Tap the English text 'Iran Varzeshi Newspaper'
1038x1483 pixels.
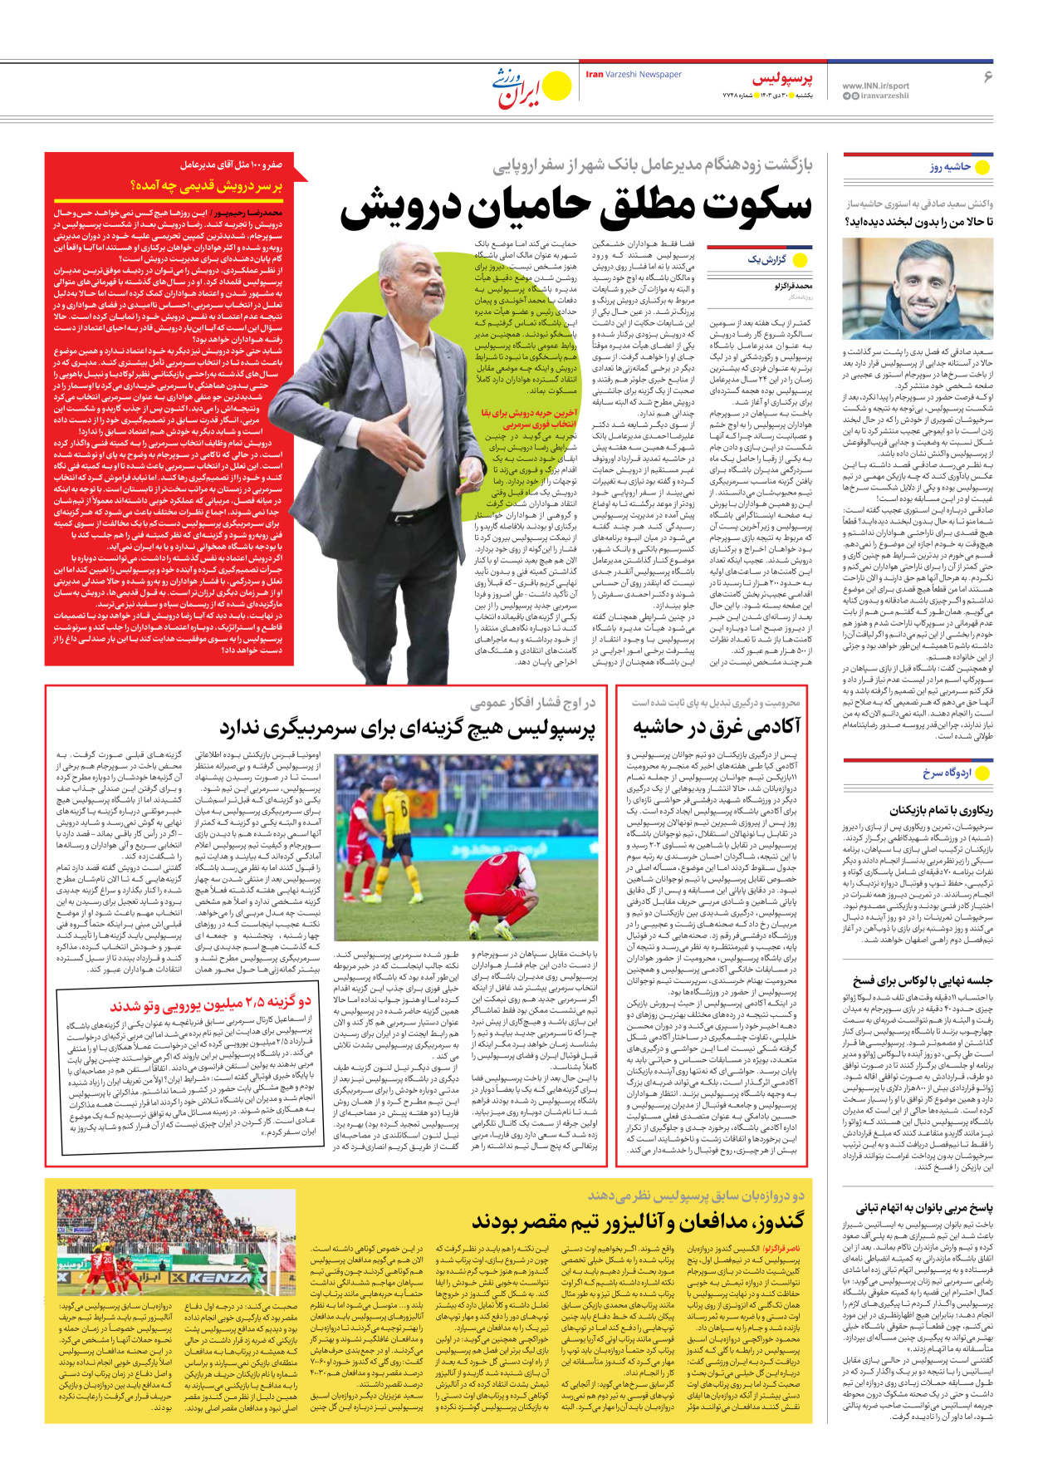(x=634, y=75)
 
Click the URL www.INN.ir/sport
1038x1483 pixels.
(x=875, y=86)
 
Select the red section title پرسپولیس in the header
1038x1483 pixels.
(x=782, y=79)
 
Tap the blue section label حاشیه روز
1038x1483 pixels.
(x=950, y=167)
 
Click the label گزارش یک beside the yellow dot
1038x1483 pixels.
(x=766, y=259)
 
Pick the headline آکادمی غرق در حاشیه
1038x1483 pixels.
(x=717, y=727)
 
